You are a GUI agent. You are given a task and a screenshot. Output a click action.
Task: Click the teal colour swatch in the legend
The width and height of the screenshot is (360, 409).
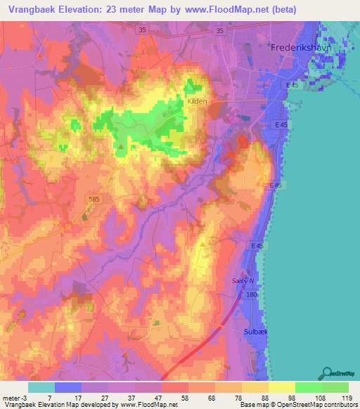pos(41,387)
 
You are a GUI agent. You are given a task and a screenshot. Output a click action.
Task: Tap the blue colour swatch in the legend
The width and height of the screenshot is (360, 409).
pos(68,387)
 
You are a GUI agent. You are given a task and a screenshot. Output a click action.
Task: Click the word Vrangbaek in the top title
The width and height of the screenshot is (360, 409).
pos(31,10)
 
